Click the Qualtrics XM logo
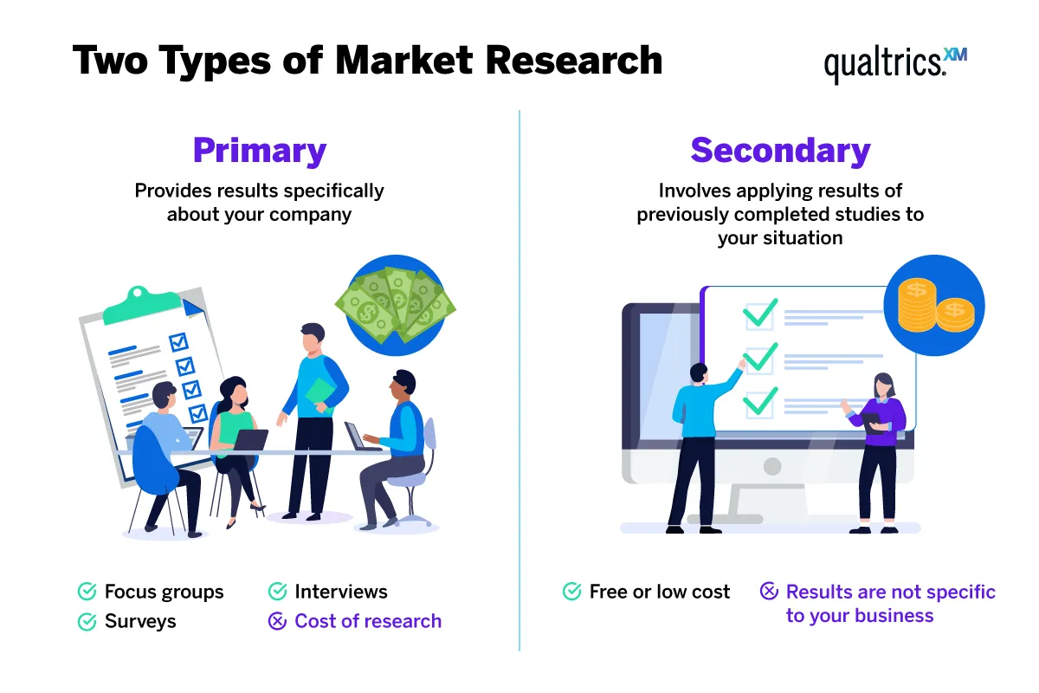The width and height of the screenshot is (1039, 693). pyautogui.click(x=894, y=64)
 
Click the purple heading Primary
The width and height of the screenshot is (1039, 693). pyautogui.click(x=260, y=151)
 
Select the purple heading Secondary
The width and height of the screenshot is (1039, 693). pyautogui.click(x=780, y=151)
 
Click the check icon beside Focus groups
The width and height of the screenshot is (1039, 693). pyautogui.click(x=87, y=592)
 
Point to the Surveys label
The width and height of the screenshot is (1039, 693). pyautogui.click(x=140, y=621)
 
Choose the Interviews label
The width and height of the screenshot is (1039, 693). pyautogui.click(x=341, y=592)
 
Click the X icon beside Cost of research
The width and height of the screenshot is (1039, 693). pyautogui.click(x=277, y=621)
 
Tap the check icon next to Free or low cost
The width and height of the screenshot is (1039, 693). pyautogui.click(x=571, y=592)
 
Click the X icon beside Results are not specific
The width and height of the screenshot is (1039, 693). pyautogui.click(x=769, y=592)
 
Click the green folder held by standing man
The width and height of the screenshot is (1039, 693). pyautogui.click(x=320, y=392)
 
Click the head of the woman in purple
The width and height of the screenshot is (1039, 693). pyautogui.click(x=882, y=384)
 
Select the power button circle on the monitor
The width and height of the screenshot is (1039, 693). pyautogui.click(x=772, y=467)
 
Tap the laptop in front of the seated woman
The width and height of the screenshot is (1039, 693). pyautogui.click(x=250, y=440)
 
